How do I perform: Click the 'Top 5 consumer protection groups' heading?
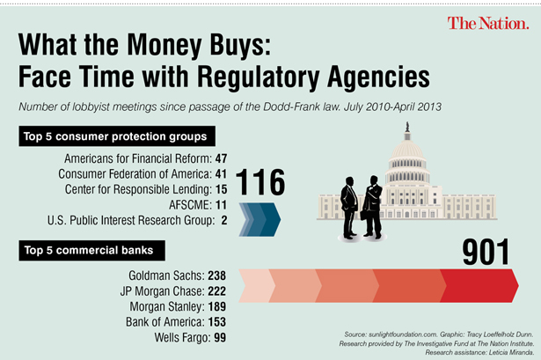point(115,137)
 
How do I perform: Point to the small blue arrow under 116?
point(260,219)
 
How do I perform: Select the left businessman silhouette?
point(350,207)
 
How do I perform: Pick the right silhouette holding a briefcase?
point(374,207)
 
